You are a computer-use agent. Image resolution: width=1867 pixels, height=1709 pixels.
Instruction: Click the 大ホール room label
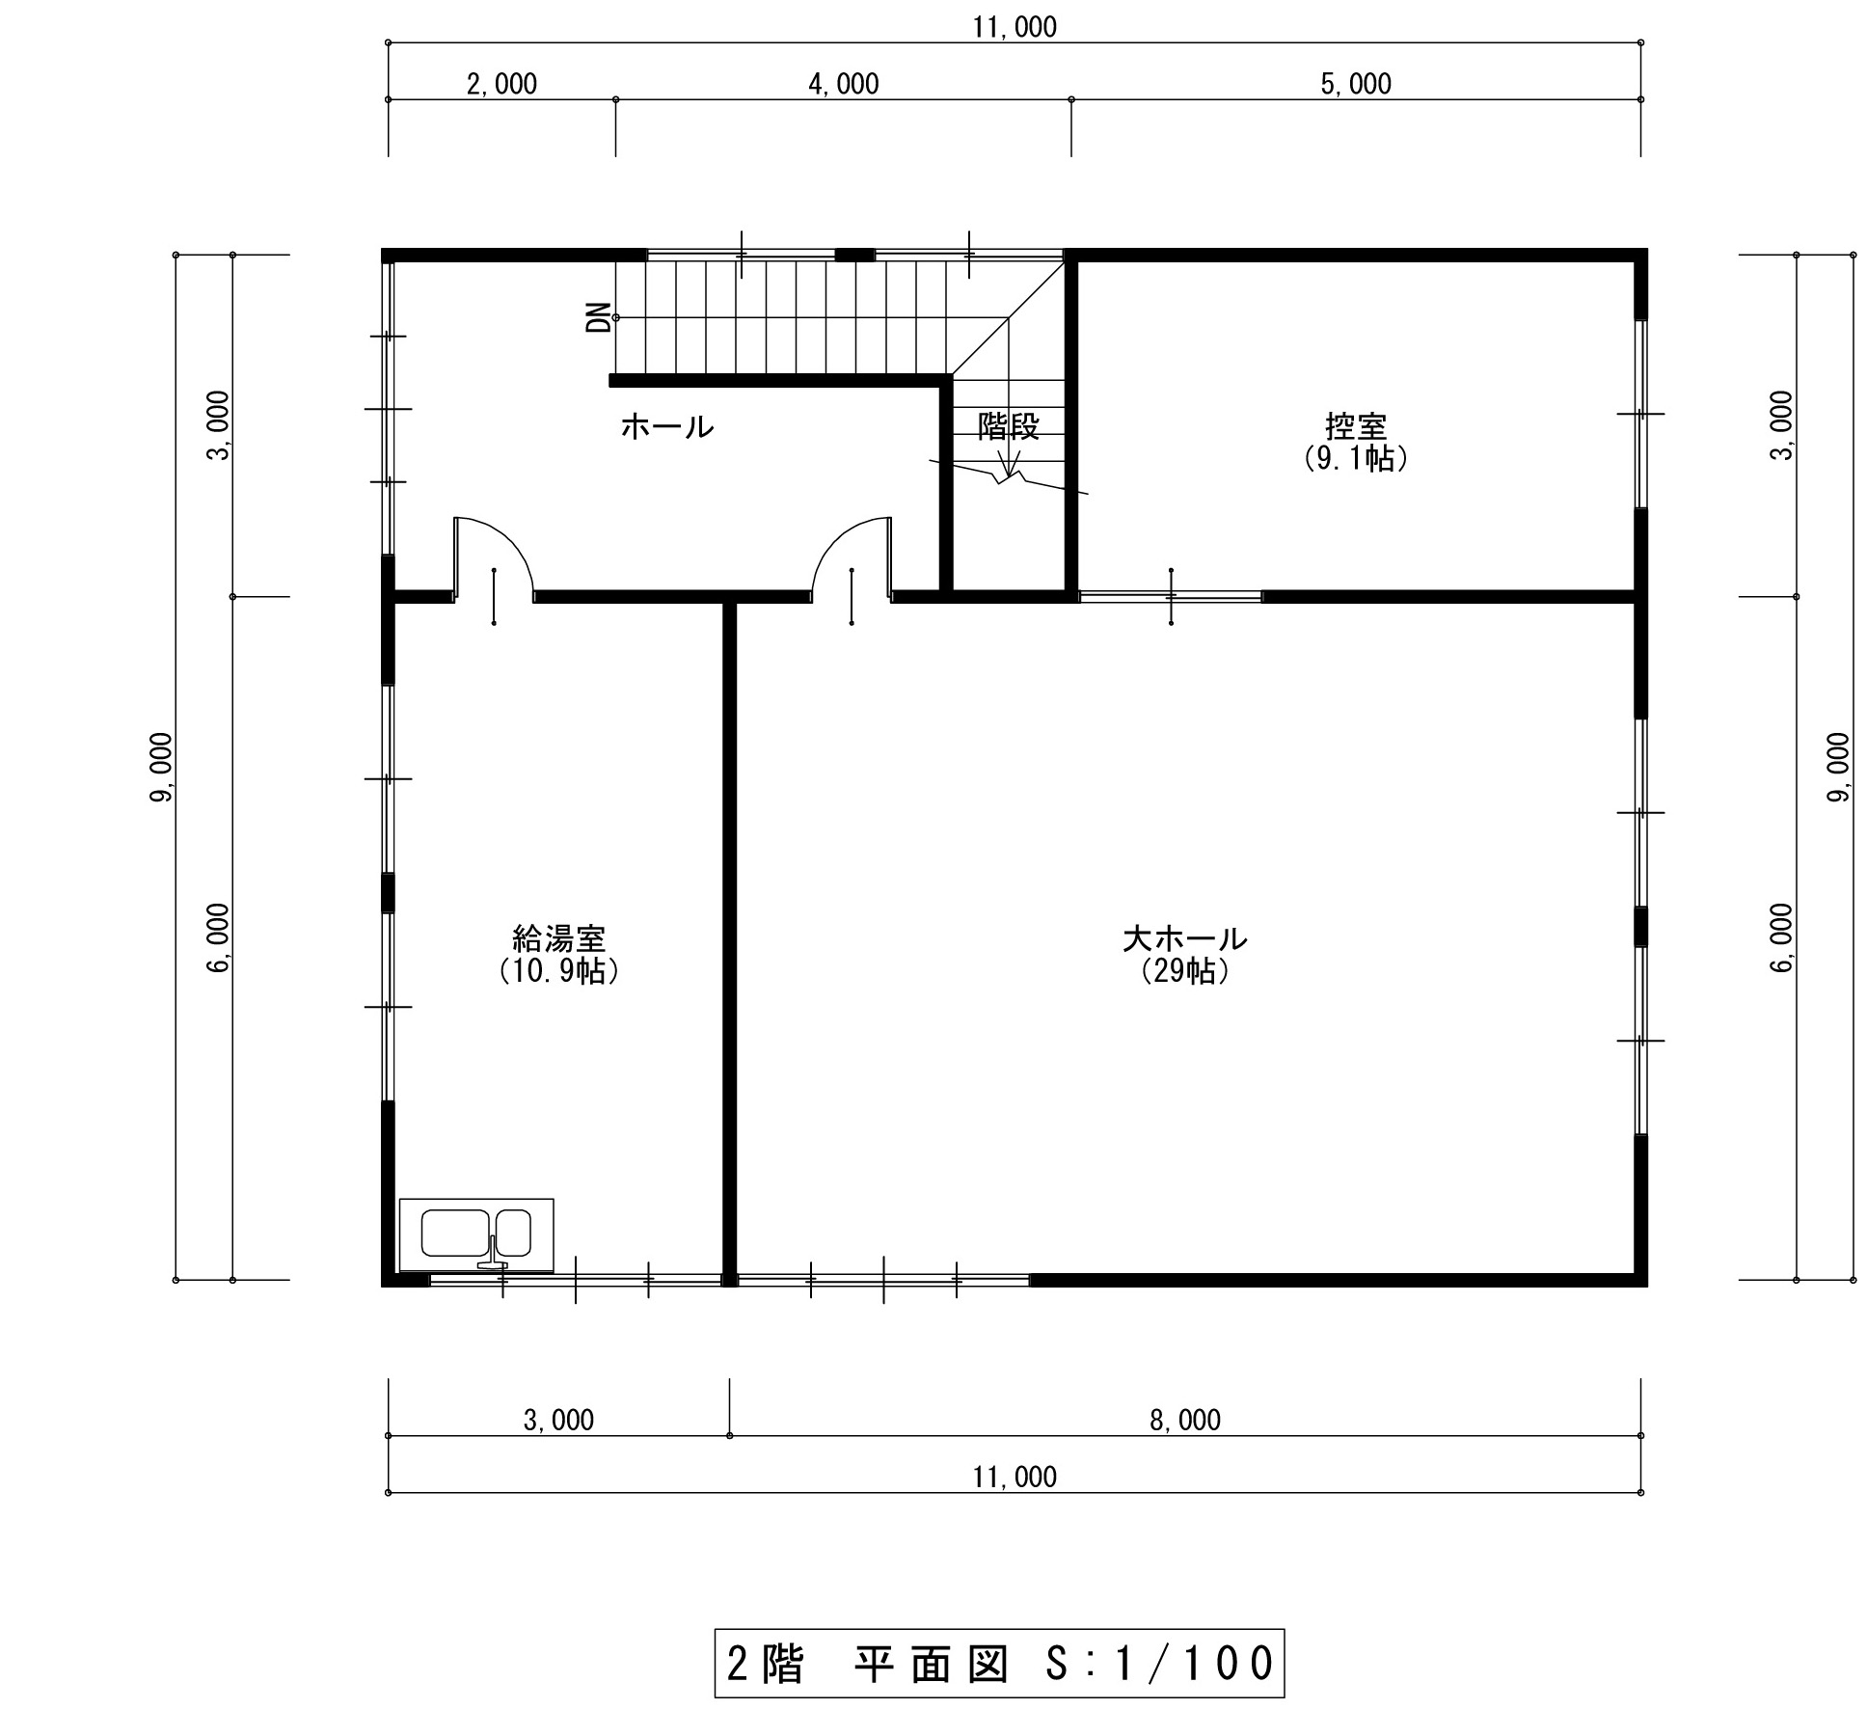coord(1184,937)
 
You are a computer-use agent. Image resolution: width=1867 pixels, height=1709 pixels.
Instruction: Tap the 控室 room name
coord(1355,426)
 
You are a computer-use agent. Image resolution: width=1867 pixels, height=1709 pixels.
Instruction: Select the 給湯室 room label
coord(558,937)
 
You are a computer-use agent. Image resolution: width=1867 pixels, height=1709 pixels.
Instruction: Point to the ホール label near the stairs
coord(667,426)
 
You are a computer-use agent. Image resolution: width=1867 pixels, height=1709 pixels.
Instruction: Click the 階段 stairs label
coord(1009,425)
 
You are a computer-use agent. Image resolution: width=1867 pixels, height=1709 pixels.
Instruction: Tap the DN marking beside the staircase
coord(599,316)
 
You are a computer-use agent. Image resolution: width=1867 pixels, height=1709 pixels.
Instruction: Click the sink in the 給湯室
coord(476,1234)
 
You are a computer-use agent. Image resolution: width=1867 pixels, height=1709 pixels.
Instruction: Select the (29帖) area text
coord(1184,970)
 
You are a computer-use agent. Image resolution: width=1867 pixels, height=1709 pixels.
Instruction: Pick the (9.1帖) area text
coord(1355,459)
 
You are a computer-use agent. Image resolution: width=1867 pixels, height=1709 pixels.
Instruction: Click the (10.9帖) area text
coord(558,970)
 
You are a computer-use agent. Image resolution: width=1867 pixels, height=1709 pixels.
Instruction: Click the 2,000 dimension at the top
coord(501,85)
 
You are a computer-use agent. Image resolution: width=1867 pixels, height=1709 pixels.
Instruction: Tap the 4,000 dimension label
coord(844,85)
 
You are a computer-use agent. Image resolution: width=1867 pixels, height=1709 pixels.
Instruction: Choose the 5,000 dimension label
coord(1356,85)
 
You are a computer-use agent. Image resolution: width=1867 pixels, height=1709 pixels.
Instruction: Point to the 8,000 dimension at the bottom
coord(1185,1421)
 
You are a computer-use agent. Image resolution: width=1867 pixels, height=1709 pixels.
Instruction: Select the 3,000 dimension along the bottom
coord(558,1421)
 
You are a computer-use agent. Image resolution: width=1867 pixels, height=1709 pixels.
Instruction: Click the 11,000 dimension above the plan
coord(1015,28)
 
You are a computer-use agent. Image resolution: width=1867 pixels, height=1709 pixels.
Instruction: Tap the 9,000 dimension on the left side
coord(162,767)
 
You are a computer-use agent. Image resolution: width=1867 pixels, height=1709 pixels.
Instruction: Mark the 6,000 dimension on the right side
coord(1782,937)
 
